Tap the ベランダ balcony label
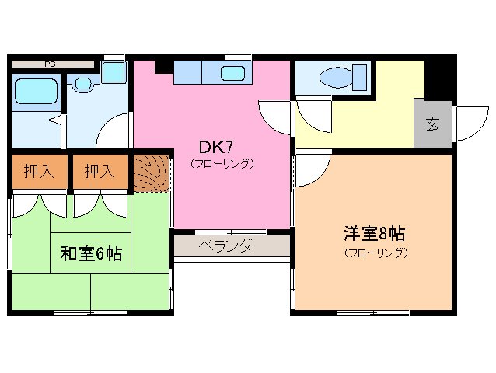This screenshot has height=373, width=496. pyautogui.click(x=224, y=247)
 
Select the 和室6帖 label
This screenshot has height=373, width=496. pyautogui.click(x=91, y=253)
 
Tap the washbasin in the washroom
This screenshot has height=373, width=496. pyautogui.click(x=82, y=82)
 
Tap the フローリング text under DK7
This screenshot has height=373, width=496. pyautogui.click(x=222, y=164)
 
